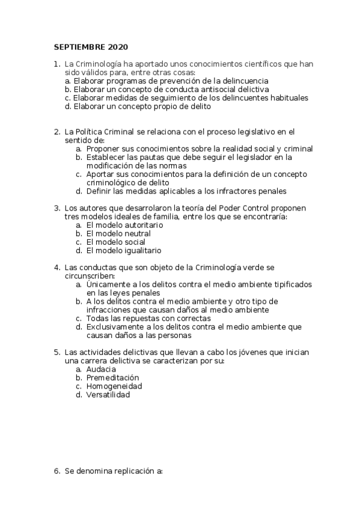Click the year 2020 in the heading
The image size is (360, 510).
tap(118, 47)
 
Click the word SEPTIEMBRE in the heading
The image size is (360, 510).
tap(80, 47)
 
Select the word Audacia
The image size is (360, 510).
tap(100, 369)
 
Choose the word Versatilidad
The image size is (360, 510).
tap(108, 395)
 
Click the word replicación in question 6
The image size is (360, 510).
tap(132, 472)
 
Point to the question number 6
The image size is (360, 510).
tap(56, 472)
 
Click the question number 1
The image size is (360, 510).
tap(56, 64)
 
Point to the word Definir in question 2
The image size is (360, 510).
tap(99, 191)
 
